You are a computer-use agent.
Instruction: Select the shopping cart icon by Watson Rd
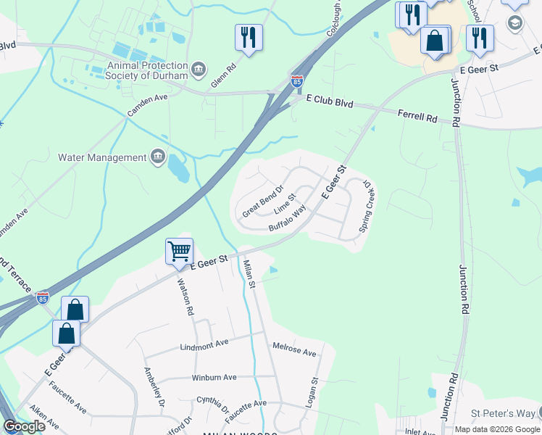[179, 252]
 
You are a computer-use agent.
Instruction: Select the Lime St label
[285, 203]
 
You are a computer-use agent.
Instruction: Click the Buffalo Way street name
[288, 217]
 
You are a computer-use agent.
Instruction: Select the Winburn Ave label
[214, 378]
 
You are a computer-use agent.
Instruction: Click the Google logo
[24, 426]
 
